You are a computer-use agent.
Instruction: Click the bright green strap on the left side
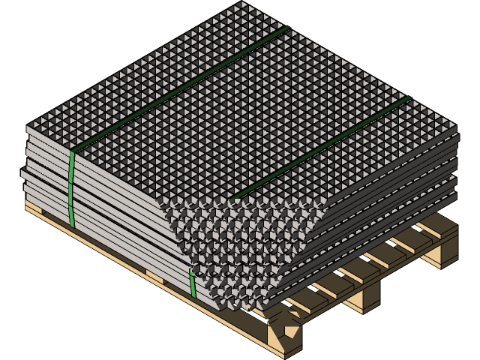[72, 187]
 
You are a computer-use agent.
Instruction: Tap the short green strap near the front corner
[192, 283]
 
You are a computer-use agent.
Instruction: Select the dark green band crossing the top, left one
[180, 90]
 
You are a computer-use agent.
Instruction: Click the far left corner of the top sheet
[28, 126]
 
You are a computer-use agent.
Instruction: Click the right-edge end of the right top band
[409, 97]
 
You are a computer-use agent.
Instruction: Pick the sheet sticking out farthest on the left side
[25, 177]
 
